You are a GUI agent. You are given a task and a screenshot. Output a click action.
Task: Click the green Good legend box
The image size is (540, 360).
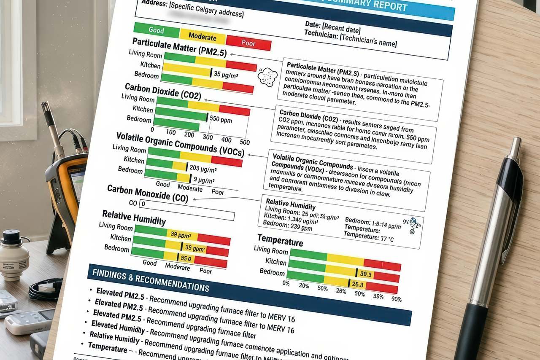[x=157, y=30]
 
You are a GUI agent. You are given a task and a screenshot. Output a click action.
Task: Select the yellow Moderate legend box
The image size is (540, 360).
[x=202, y=37]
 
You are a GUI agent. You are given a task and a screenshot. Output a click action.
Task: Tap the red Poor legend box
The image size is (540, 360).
[x=248, y=43]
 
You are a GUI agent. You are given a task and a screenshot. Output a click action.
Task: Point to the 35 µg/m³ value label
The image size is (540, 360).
[x=226, y=75]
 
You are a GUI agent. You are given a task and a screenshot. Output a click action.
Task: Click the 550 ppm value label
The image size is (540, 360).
[x=221, y=119]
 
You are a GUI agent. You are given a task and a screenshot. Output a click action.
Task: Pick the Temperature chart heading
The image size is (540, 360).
[x=280, y=241]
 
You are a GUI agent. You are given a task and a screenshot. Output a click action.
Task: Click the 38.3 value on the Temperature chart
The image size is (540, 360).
[x=366, y=274]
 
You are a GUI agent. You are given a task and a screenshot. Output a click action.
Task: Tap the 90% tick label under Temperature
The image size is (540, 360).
[x=397, y=299]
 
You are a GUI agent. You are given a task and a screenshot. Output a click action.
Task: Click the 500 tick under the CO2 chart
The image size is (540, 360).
[x=245, y=142]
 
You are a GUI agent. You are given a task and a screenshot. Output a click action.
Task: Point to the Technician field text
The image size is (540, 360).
[x=350, y=39]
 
